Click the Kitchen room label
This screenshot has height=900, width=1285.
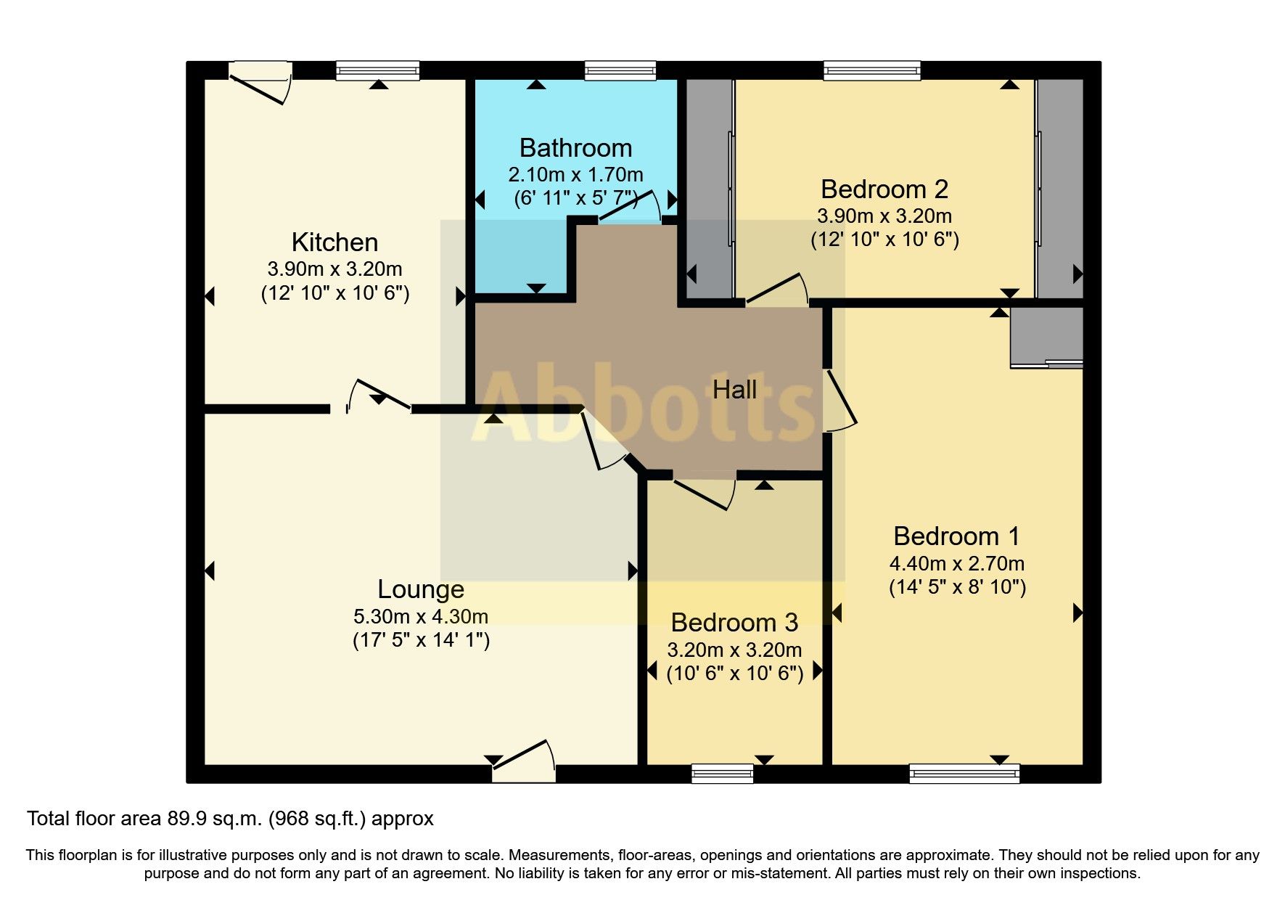click(334, 242)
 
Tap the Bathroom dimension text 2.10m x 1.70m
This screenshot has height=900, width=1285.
click(575, 175)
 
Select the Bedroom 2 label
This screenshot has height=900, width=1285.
click(884, 189)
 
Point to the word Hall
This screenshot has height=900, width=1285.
click(734, 390)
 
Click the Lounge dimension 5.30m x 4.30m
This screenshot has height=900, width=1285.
click(420, 617)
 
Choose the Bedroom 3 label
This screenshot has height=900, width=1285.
click(734, 623)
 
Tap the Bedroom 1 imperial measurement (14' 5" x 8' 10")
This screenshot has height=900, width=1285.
click(957, 587)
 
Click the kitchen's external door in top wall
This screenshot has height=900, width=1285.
click(260, 81)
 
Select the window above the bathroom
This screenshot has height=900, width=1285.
click(620, 71)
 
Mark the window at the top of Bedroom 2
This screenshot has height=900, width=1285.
click(871, 71)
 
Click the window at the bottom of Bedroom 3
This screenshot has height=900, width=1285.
click(722, 774)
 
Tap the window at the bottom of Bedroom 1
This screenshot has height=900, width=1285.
click(964, 774)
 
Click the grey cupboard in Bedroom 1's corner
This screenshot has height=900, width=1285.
click(1046, 336)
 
